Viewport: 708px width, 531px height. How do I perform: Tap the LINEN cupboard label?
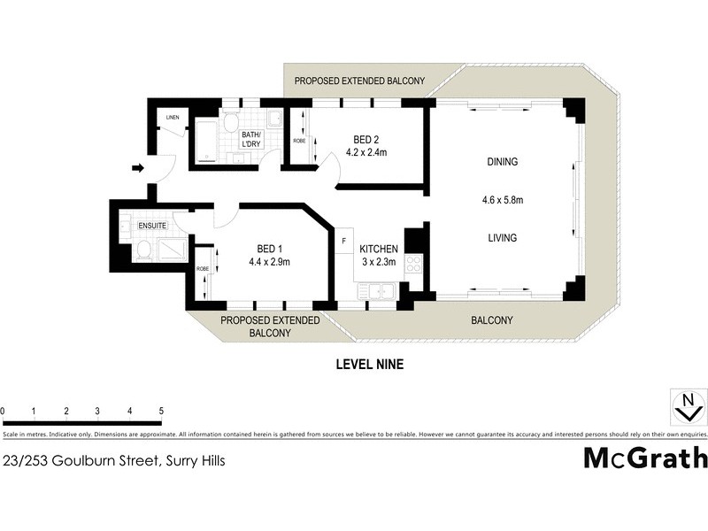coord(173,117)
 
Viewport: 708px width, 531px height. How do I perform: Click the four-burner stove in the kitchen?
coord(413,263)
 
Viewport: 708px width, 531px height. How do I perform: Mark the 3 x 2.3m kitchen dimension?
coord(379,262)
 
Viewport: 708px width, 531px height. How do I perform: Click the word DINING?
coord(502,162)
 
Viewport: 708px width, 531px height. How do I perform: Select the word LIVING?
coord(502,238)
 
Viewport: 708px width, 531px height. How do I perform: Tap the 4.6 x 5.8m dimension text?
coord(502,200)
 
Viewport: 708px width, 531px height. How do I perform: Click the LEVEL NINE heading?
coord(370,363)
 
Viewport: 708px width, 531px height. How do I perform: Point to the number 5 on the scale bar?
coord(161,412)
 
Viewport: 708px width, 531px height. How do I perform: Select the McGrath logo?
coord(645,458)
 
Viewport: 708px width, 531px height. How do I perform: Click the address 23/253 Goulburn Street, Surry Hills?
coord(113,460)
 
